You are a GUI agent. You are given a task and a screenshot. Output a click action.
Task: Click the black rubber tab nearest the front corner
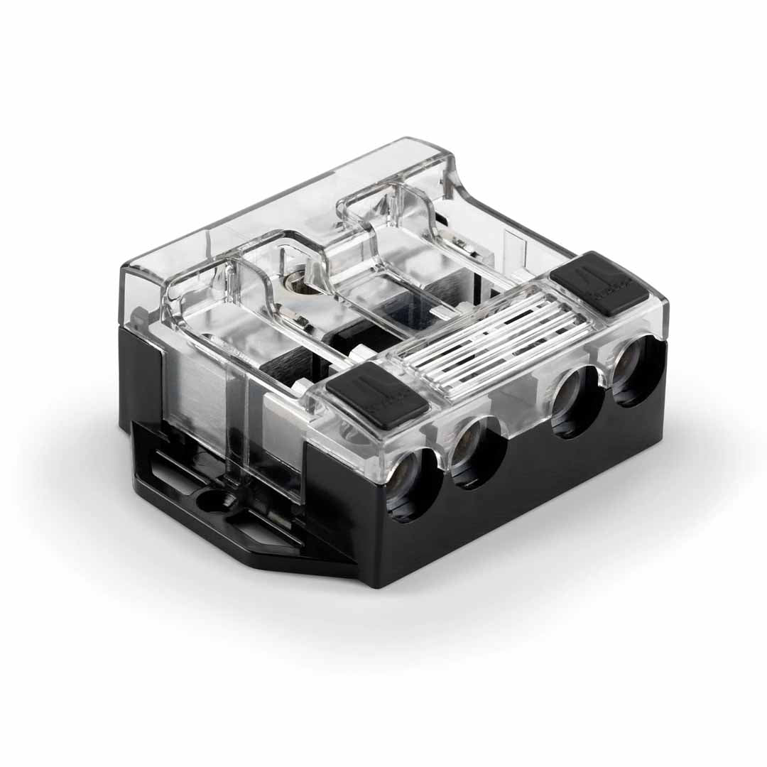(377, 395)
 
